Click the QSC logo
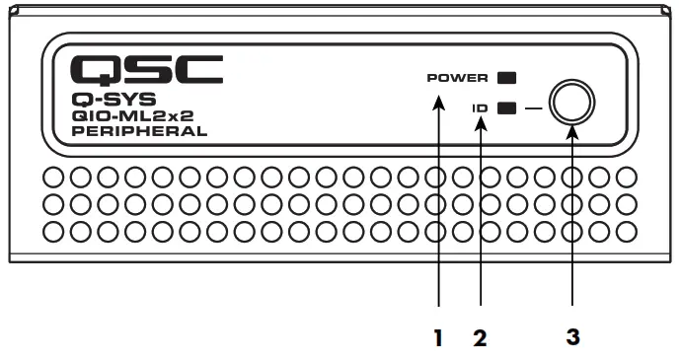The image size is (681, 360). click(148, 68)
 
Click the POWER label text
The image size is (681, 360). click(458, 77)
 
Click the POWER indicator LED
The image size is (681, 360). click(508, 77)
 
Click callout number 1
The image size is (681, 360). click(437, 337)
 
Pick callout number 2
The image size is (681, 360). click(480, 337)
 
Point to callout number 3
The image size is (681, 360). click(572, 336)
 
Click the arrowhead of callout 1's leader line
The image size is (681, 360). click(437, 92)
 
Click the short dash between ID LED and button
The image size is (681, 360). click(533, 108)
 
